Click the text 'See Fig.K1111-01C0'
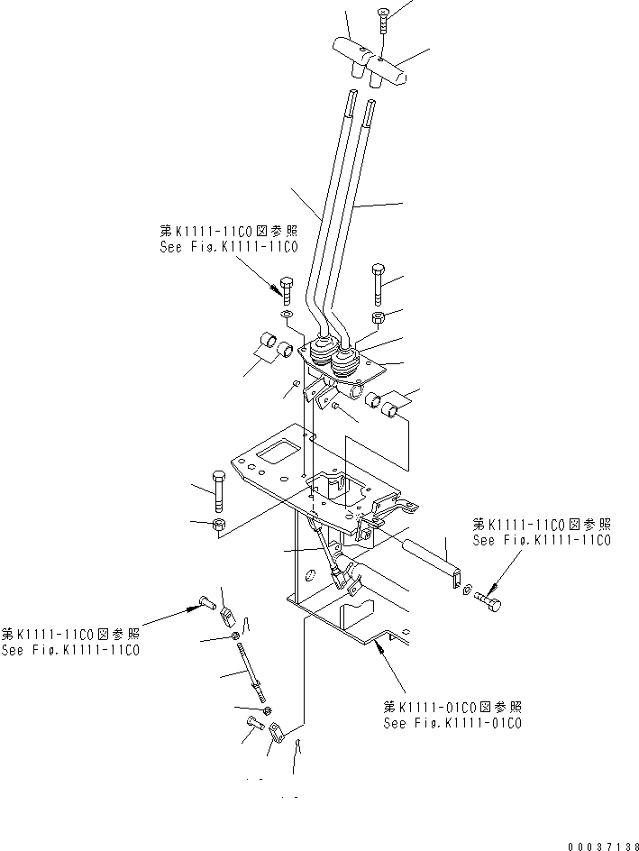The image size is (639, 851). click(452, 723)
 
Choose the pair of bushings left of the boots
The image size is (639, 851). click(274, 344)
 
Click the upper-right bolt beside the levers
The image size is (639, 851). click(377, 283)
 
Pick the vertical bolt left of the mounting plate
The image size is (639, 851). click(217, 491)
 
